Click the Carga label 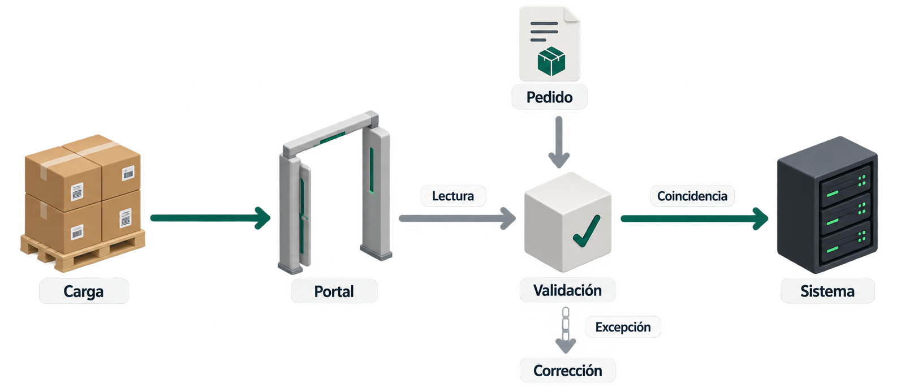tap(84, 291)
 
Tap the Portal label tap(334, 291)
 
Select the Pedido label tap(549, 97)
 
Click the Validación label tap(568, 290)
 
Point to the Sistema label tap(828, 291)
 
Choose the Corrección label tap(568, 371)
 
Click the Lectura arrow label tap(453, 196)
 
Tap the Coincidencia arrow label tap(692, 196)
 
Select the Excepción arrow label tap(623, 327)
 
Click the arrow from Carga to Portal tap(210, 218)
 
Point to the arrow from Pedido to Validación tap(559, 142)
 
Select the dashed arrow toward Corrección tap(566, 330)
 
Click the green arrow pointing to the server tap(695, 218)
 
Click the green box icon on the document tap(551, 62)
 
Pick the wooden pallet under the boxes tap(83, 251)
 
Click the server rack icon tap(828, 205)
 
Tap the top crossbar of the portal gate tap(330, 135)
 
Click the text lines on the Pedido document tap(544, 32)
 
